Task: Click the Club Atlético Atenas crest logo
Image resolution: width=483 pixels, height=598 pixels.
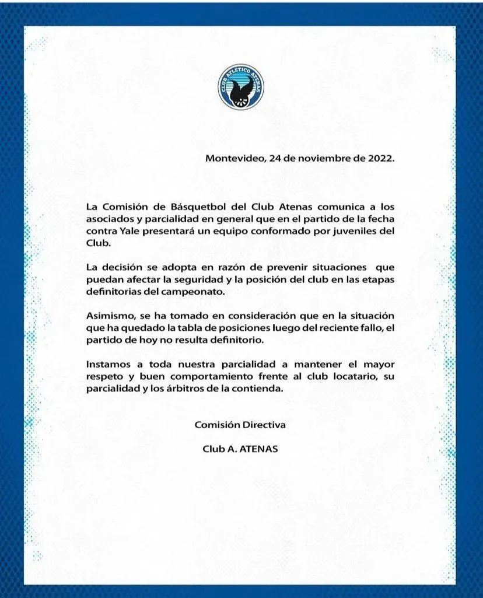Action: pos(241,88)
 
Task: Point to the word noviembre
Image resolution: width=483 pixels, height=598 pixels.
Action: pos(318,158)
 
